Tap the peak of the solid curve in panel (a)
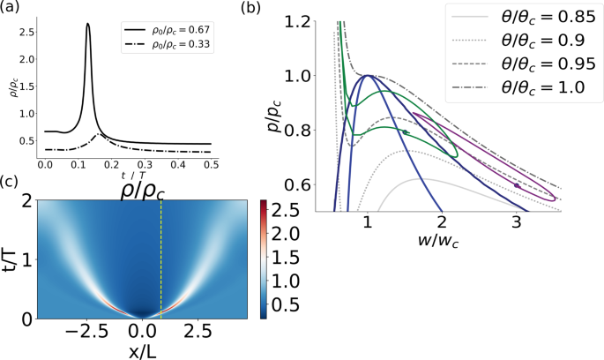click(113, 25)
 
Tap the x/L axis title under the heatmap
click(141, 349)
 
